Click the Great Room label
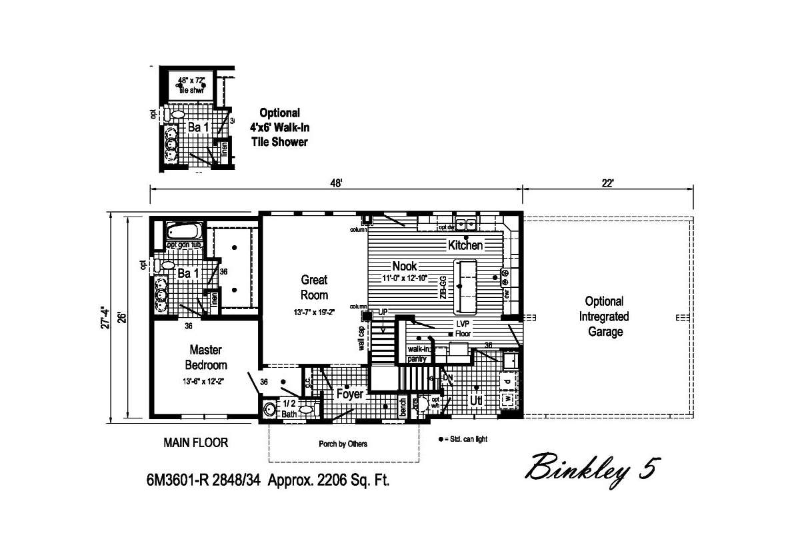(x=314, y=287)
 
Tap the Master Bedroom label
(x=205, y=357)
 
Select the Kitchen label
(x=465, y=245)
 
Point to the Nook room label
(x=404, y=267)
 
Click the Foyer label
(x=349, y=394)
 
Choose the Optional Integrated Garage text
(x=604, y=316)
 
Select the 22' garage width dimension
(x=607, y=183)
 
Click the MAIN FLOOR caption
(x=196, y=442)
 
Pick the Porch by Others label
(x=343, y=444)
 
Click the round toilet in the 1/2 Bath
(x=270, y=410)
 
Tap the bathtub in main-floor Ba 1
(x=184, y=232)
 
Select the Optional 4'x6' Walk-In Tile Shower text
(x=279, y=127)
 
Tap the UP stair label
(x=383, y=312)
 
